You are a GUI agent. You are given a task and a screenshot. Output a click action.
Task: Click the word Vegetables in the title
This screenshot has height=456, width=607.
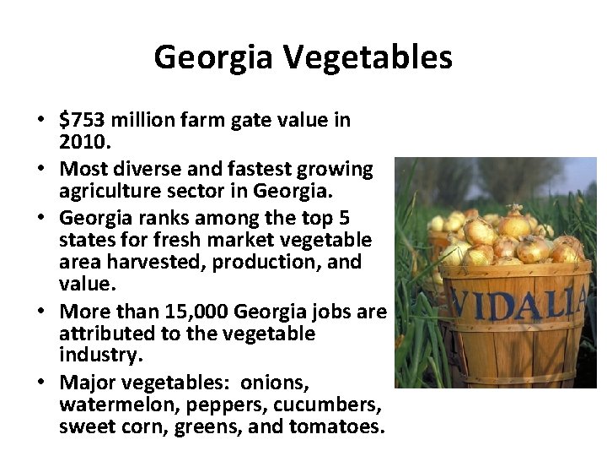368,58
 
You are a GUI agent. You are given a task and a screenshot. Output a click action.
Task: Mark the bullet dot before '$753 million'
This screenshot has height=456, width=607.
40,120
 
